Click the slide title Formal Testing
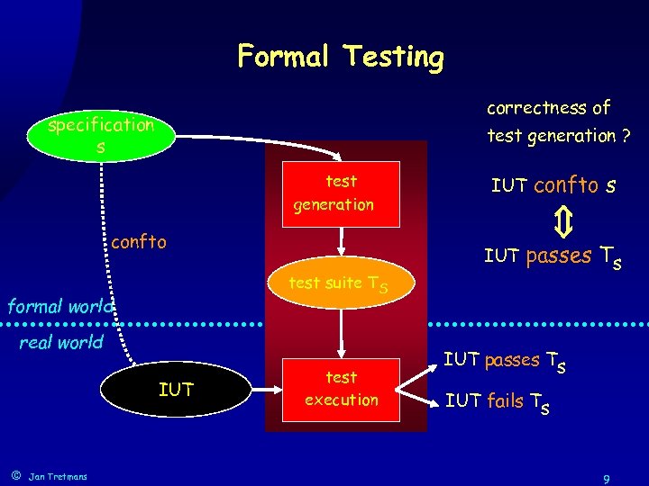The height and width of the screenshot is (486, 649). tap(341, 57)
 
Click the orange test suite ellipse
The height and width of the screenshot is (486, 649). tap(339, 283)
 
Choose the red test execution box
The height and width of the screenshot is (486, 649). tap(341, 388)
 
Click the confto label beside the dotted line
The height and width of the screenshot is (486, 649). tap(139, 241)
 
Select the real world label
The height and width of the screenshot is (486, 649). tap(61, 342)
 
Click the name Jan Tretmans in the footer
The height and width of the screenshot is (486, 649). tap(59, 476)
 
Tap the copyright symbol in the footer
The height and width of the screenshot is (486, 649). tap(15, 475)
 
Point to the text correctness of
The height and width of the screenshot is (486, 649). tap(548, 108)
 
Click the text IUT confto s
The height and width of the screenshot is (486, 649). tap(553, 186)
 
